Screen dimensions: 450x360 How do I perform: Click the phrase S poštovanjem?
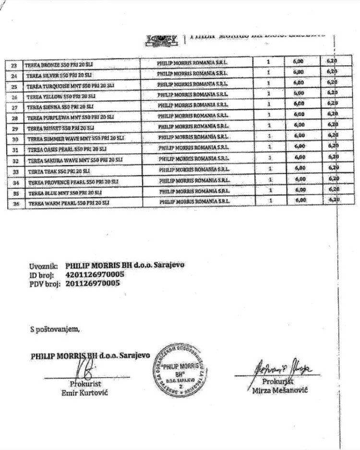[53, 329]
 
